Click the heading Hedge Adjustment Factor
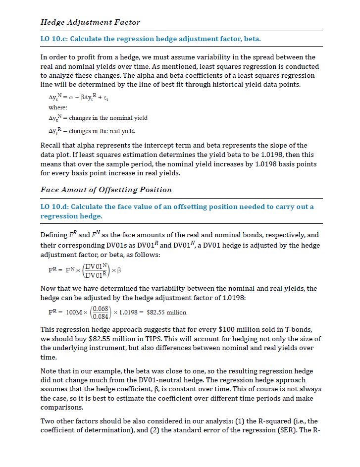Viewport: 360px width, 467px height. point(90,22)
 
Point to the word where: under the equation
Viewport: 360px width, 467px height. point(58,107)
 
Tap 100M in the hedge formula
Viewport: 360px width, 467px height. point(74,312)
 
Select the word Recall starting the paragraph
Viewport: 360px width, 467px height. point(51,145)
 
